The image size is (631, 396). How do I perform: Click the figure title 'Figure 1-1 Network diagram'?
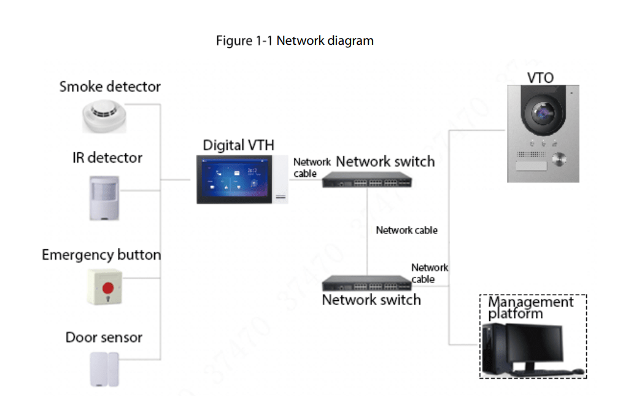tap(295, 41)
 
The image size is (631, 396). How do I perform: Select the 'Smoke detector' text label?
tap(110, 87)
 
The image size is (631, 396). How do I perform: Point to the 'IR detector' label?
tap(107, 158)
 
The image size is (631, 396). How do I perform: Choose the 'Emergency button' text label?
tap(101, 255)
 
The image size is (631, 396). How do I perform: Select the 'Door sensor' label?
tap(104, 338)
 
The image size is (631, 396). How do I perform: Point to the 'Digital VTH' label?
tap(239, 146)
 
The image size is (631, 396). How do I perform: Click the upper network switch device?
tap(367, 180)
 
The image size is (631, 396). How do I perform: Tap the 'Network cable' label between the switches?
tap(406, 230)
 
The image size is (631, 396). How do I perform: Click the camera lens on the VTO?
tap(543, 114)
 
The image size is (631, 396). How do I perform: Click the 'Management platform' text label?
tap(530, 308)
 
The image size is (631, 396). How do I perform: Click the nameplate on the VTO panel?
tap(530, 166)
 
